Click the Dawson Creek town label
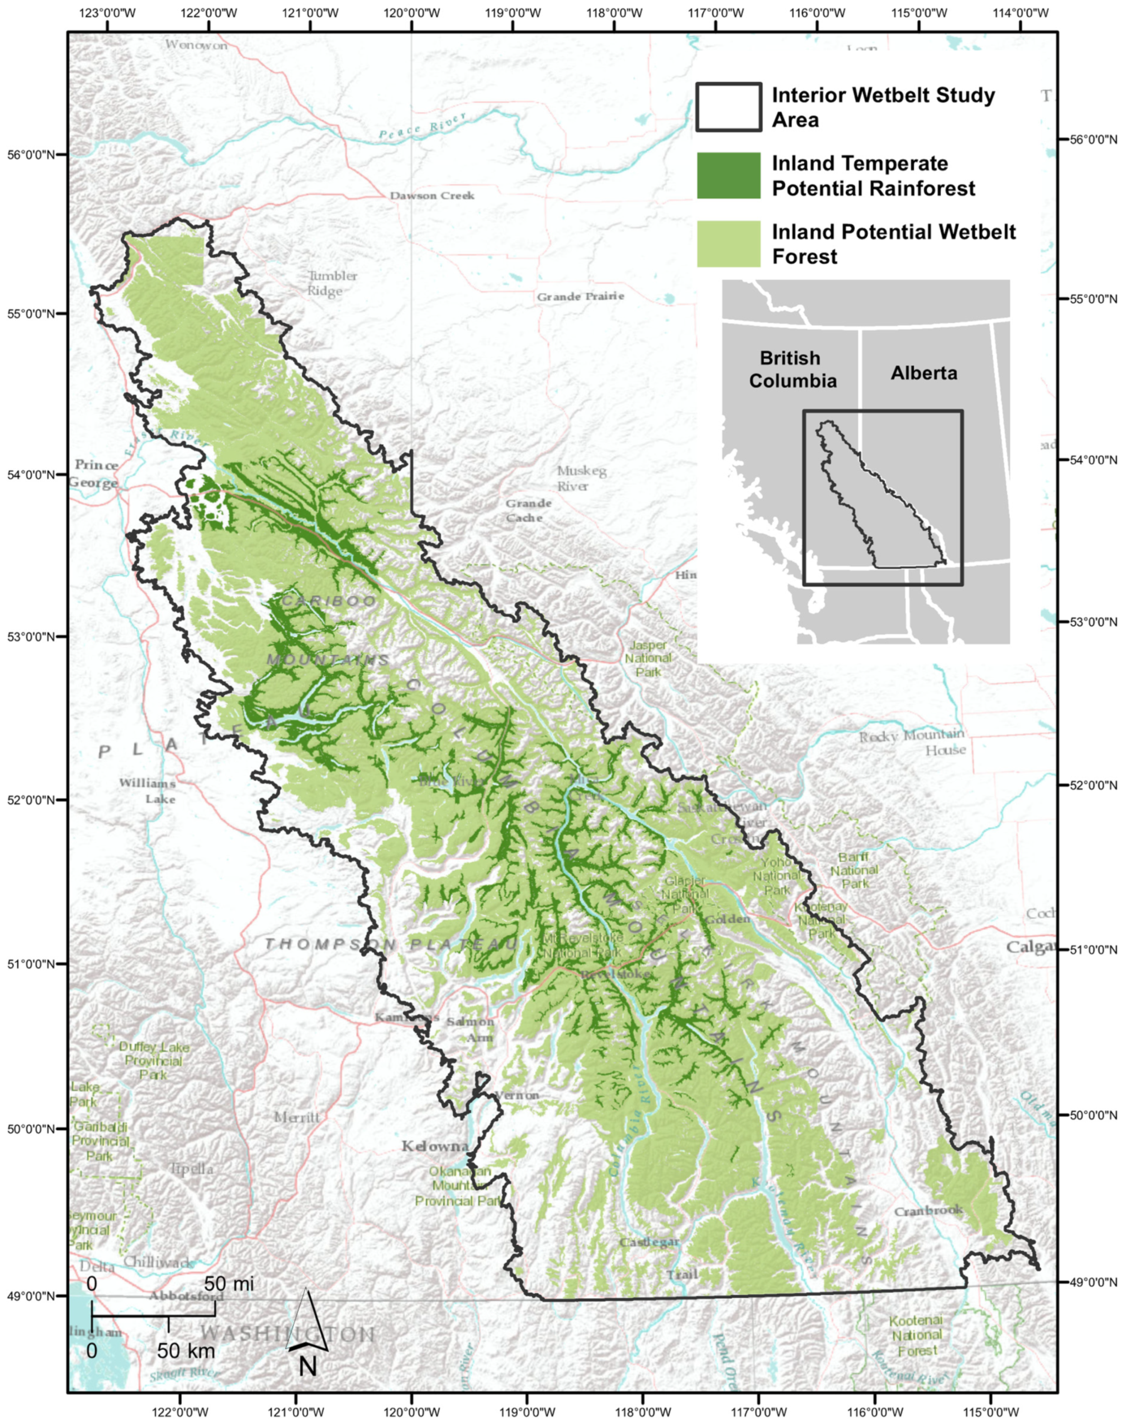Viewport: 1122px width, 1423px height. coord(432,196)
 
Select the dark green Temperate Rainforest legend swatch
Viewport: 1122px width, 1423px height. coord(729,175)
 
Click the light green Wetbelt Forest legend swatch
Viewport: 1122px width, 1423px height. coord(729,244)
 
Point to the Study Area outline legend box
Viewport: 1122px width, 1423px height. coord(729,107)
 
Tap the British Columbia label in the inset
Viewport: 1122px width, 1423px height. coord(792,369)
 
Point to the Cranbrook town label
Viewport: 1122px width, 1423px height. coord(928,1210)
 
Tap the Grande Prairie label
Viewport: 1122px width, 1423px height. coord(580,296)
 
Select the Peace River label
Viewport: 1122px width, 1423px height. coord(422,124)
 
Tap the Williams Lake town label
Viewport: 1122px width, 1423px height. coord(147,791)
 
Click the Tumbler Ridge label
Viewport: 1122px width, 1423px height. coord(332,283)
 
